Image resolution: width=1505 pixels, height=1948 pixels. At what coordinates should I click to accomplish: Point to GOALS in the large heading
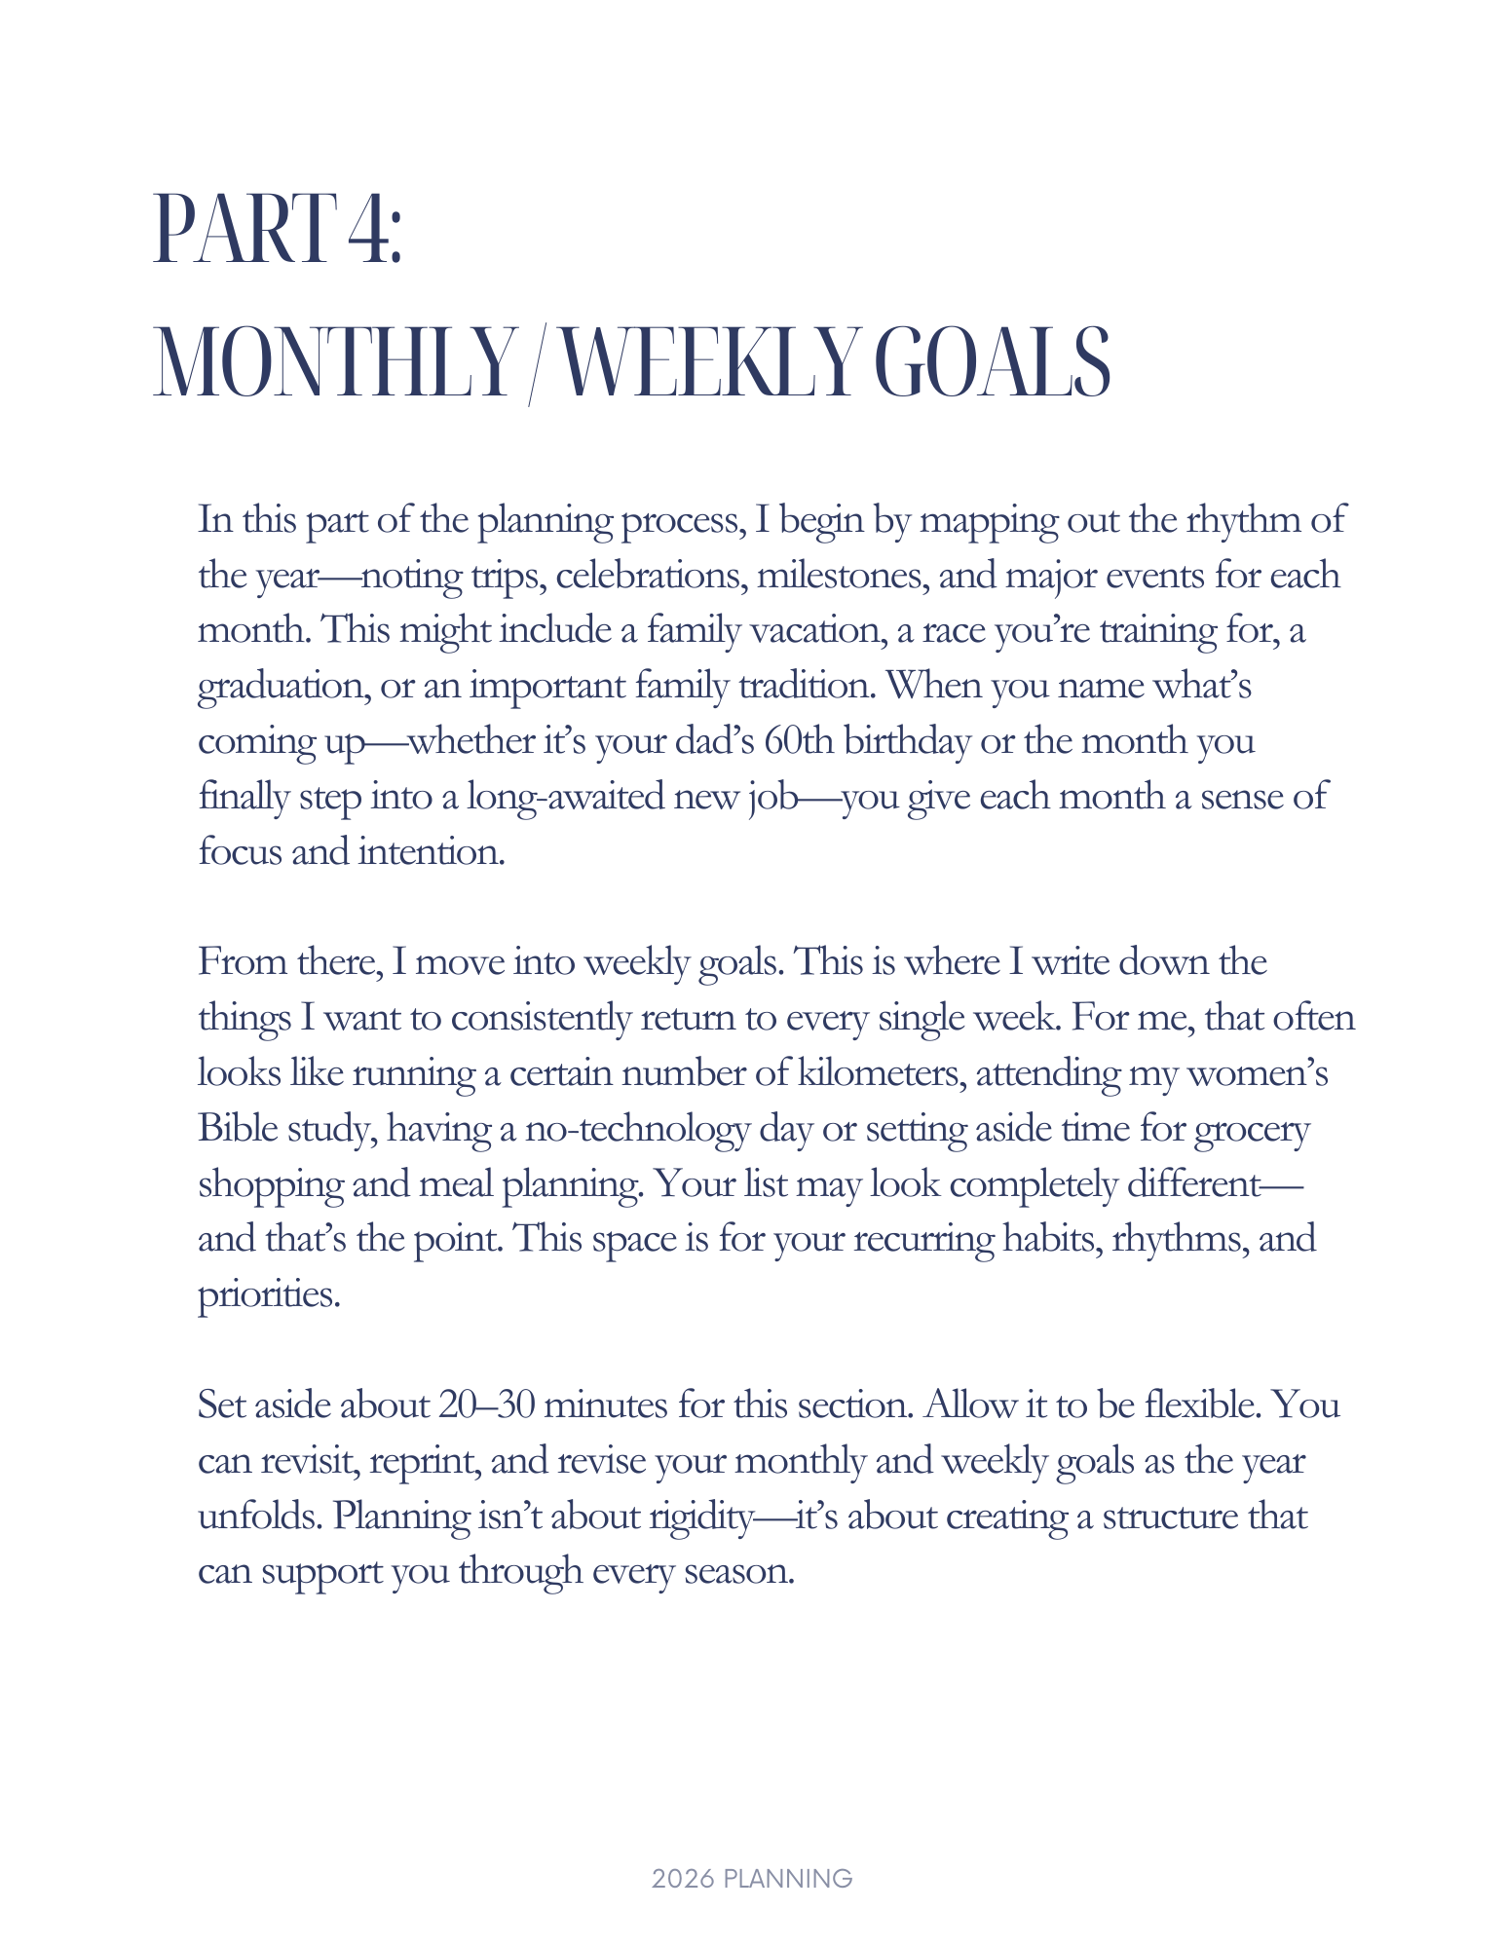point(993,364)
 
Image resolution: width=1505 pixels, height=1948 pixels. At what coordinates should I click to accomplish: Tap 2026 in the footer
point(684,1879)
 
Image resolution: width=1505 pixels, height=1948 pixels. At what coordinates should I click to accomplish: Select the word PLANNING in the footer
point(789,1879)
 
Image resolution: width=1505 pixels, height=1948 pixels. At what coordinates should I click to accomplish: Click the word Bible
point(238,1128)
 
